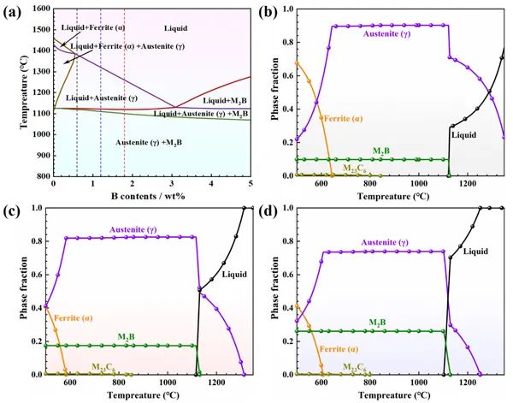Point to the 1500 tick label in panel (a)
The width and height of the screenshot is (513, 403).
click(x=38, y=30)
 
